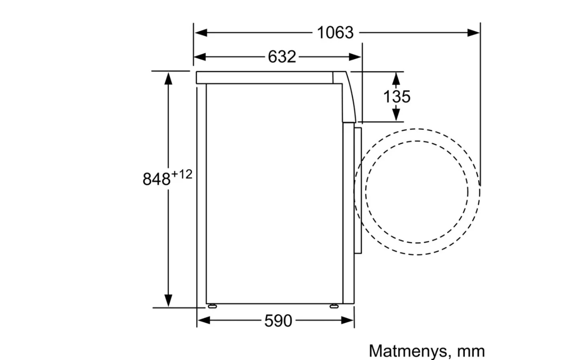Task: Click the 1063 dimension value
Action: pyautogui.click(x=335, y=32)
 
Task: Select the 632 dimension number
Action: pyautogui.click(x=282, y=57)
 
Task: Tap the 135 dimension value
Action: pyautogui.click(x=396, y=96)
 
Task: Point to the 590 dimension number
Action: pyautogui.click(x=278, y=320)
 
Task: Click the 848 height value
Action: pyautogui.click(x=156, y=179)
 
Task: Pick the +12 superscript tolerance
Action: pyautogui.click(x=182, y=174)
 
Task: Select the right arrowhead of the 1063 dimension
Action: pyautogui.click(x=473, y=33)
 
